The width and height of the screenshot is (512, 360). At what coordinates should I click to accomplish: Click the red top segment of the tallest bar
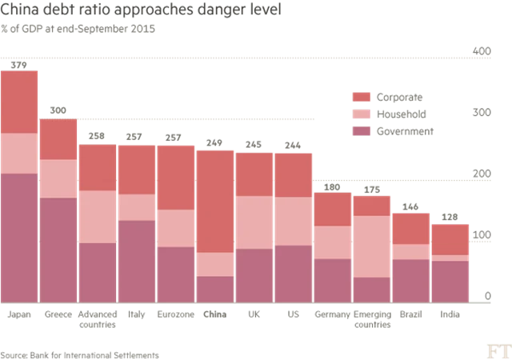coord(19,102)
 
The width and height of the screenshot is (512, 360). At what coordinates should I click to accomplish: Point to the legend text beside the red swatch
coord(404,96)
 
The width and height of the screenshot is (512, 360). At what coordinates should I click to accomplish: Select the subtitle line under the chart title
coord(80,30)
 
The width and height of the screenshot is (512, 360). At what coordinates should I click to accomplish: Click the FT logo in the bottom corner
coord(498,349)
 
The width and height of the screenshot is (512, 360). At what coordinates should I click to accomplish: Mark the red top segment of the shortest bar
coord(451,239)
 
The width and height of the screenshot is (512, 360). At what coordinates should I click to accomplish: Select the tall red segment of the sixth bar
coord(216,200)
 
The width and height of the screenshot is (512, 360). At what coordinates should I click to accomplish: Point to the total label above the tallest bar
coord(18,62)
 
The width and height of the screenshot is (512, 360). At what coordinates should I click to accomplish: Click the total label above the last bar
coord(451,217)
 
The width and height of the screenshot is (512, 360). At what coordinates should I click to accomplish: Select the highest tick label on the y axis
coord(482,53)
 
